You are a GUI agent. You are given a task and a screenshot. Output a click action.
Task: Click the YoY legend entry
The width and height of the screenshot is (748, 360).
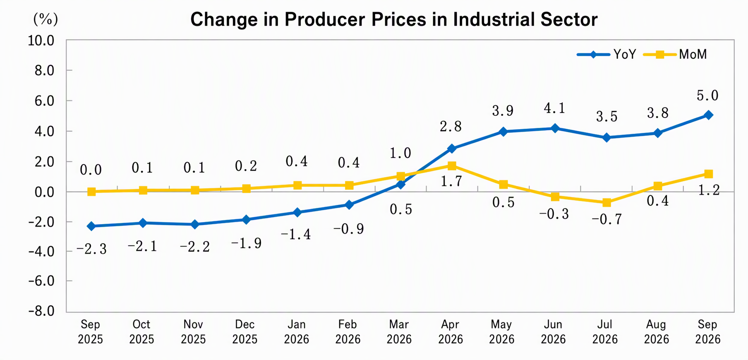(607, 54)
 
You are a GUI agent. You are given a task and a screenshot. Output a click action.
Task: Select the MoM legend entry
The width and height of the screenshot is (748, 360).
(675, 54)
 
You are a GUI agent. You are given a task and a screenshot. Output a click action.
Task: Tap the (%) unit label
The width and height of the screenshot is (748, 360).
(46, 19)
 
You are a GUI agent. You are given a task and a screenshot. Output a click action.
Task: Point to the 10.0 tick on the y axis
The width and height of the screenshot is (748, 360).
(41, 41)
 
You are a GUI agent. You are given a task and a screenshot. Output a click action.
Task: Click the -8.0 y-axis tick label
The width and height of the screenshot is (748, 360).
(41, 311)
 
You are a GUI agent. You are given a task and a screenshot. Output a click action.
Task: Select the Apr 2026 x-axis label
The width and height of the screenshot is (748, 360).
(451, 332)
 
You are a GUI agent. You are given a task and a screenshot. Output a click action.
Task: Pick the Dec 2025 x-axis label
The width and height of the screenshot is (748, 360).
(245, 332)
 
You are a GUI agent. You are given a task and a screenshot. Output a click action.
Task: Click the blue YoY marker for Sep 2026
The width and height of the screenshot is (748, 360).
(708, 115)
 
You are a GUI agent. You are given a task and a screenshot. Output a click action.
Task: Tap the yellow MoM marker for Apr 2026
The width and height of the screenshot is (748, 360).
(452, 166)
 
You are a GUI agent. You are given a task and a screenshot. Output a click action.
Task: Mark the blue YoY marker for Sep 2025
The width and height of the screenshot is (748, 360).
(91, 226)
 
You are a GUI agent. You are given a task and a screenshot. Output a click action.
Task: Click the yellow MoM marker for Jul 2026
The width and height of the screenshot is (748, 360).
(607, 202)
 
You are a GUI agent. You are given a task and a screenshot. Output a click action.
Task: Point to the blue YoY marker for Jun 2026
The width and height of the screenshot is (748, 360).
(555, 128)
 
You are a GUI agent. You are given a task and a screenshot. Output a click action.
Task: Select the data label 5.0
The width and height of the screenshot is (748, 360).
(707, 96)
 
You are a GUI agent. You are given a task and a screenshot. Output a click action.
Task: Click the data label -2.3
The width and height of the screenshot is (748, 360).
(91, 249)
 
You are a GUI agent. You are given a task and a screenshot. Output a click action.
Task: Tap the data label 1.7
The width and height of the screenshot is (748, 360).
(451, 181)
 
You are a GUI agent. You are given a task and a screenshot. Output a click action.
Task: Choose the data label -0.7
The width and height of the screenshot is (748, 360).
(607, 219)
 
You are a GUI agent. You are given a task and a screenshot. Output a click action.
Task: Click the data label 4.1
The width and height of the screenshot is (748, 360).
(554, 108)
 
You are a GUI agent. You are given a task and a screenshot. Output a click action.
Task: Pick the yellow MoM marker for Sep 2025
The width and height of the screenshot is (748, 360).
(91, 192)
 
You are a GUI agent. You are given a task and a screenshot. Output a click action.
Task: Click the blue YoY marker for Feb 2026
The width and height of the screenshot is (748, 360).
(349, 205)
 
